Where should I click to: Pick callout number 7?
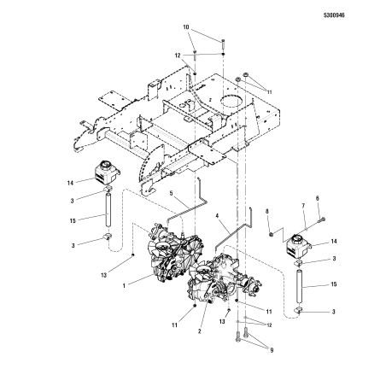pyautogui.click(x=302, y=206)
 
